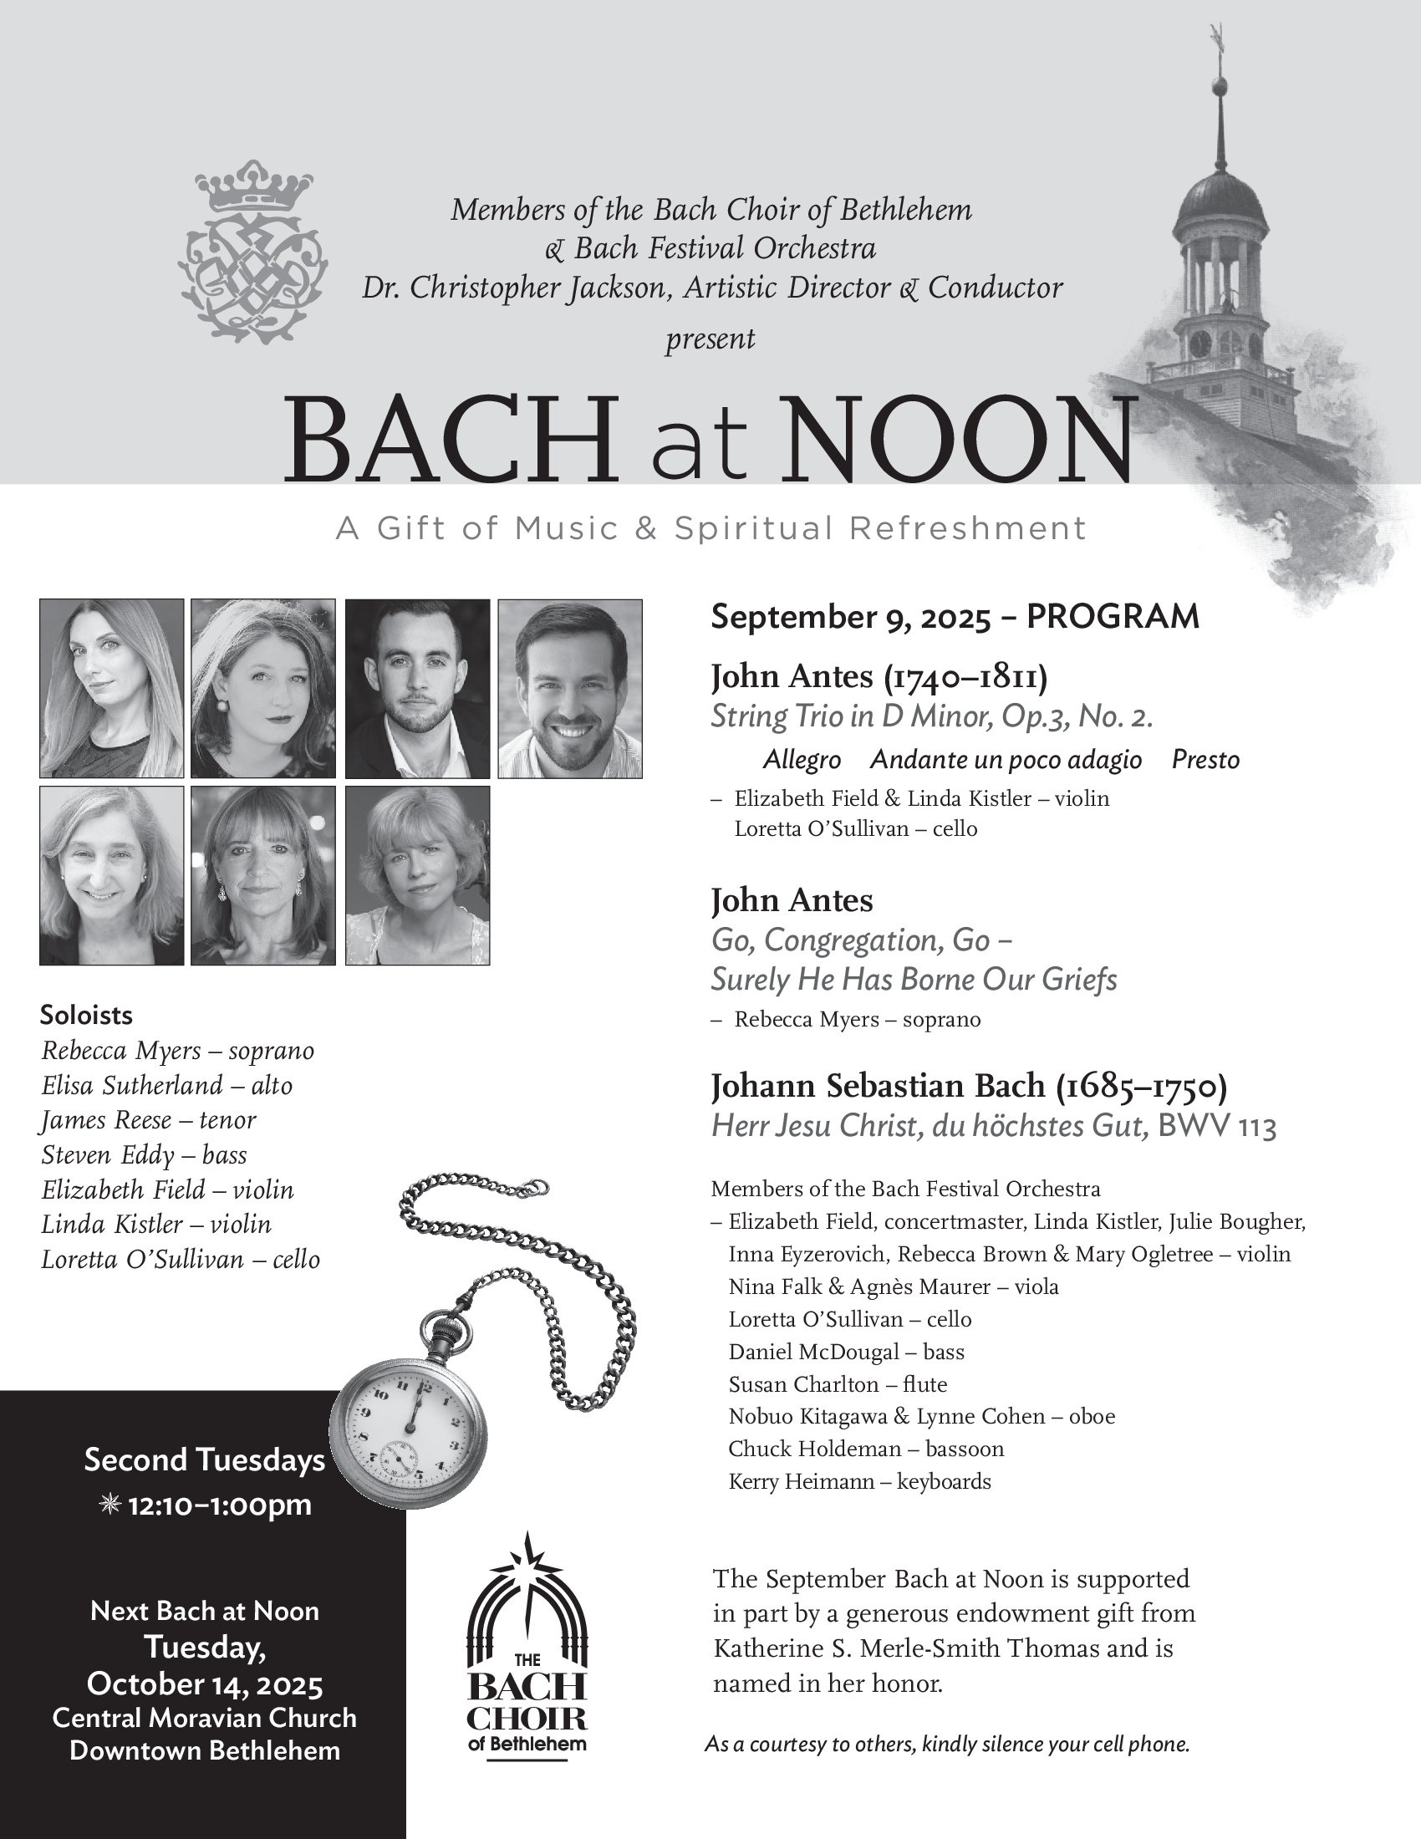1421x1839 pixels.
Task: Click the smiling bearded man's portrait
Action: [570, 688]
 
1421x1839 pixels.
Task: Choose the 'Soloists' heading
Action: [86, 1015]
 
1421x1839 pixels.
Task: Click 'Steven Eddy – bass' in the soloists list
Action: [144, 1154]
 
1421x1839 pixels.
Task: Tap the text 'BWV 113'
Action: [1216, 1127]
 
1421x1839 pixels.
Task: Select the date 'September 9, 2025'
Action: [850, 616]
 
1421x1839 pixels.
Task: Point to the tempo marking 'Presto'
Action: [1205, 760]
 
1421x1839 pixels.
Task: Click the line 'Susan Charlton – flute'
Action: [838, 1384]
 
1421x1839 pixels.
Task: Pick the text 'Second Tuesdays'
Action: [205, 1459]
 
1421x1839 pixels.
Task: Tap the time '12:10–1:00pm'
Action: [219, 1504]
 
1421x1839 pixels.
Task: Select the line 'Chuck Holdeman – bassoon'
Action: [866, 1449]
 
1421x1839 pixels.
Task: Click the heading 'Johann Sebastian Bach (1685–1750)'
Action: [969, 1085]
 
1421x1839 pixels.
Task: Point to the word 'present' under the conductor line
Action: [710, 339]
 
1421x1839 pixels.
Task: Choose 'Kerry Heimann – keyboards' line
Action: [859, 1481]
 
